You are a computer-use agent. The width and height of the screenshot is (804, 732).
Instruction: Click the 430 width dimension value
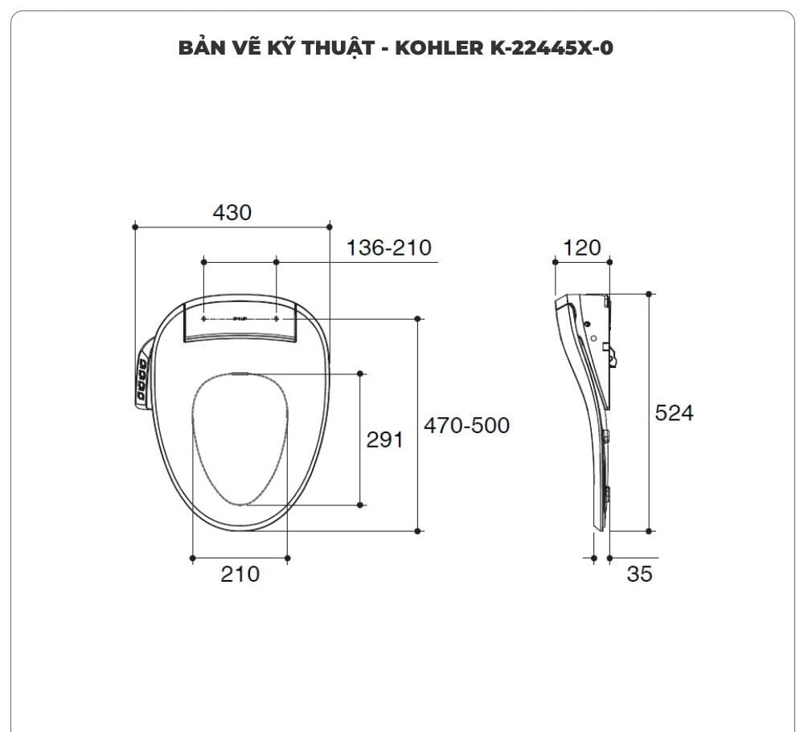(232, 212)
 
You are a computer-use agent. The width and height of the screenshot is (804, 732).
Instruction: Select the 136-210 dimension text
(389, 247)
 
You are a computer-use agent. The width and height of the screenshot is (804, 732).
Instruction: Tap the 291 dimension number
(384, 440)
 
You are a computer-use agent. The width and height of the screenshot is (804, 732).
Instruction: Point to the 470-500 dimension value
(466, 424)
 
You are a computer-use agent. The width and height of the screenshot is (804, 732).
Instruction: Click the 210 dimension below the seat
(240, 574)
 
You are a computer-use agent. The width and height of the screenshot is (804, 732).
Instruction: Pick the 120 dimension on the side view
(581, 247)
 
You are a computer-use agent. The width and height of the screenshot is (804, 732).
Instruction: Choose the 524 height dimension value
(674, 412)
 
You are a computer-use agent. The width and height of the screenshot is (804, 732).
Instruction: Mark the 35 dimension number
(639, 574)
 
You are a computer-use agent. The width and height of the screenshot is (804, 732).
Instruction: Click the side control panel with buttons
(142, 378)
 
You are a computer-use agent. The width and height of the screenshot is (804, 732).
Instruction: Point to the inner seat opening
(240, 438)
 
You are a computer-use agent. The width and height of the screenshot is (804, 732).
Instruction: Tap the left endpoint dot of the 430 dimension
(135, 227)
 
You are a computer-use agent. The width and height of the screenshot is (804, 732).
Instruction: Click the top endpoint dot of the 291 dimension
(359, 374)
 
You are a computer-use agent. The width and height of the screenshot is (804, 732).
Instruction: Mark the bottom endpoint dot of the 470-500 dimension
(417, 531)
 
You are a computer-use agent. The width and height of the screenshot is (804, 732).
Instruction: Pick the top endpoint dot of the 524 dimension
(650, 294)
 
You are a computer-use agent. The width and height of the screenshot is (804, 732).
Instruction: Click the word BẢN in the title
(199, 47)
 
